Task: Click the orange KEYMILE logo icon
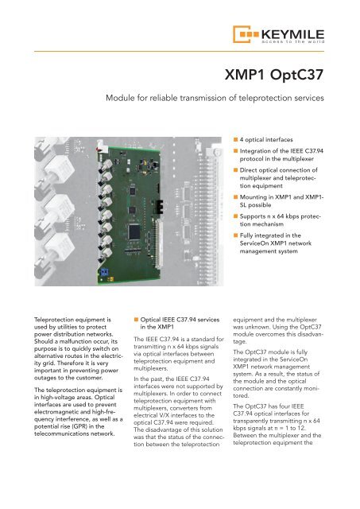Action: pyautogui.click(x=246, y=34)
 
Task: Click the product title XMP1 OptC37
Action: pyautogui.click(x=274, y=75)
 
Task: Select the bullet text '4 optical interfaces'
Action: pyautogui.click(x=266, y=140)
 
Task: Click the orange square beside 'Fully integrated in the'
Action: pyautogui.click(x=235, y=235)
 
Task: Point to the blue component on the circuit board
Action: pyautogui.click(x=104, y=272)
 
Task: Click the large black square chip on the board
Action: pyautogui.click(x=134, y=231)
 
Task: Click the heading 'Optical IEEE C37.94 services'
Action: pyautogui.click(x=180, y=320)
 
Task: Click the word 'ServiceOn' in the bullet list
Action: pyautogui.click(x=254, y=243)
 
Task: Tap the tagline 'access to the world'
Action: pyautogui.click(x=293, y=41)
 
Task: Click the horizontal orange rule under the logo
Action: pyautogui.click(x=179, y=51)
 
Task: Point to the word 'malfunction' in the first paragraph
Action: pyautogui.click(x=74, y=341)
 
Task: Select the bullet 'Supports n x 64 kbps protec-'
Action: pyautogui.click(x=280, y=216)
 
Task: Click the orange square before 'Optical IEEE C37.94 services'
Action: pyautogui.click(x=136, y=320)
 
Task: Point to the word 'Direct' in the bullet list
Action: pyautogui.click(x=248, y=170)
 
